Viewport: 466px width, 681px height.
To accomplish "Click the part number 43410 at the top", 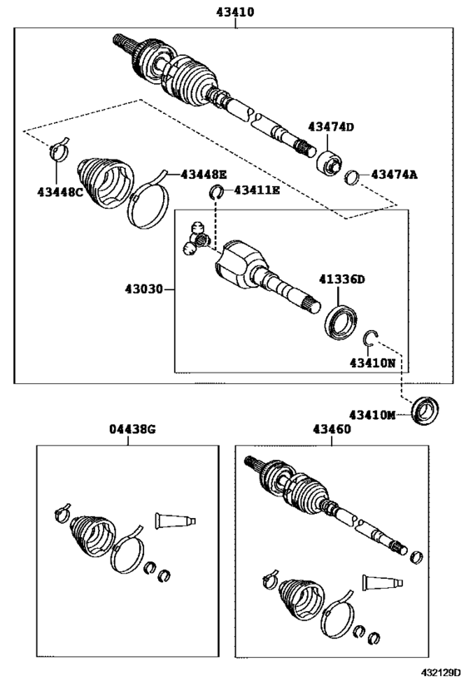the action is pos(235,12).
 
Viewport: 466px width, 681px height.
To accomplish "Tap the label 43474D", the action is pos(331,127).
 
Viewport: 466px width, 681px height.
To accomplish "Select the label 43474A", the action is pos(394,175).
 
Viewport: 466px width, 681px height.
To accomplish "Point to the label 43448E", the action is pos(204,175).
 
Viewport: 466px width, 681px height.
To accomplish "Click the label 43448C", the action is pos(60,191).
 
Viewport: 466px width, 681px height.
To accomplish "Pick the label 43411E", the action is pos(257,190).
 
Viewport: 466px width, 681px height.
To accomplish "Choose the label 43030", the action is pos(143,289).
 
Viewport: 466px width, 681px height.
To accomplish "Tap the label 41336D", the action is pos(342,279).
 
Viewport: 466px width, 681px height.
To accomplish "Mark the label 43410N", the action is pos(373,363).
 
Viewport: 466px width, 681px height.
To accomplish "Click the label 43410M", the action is pos(373,415).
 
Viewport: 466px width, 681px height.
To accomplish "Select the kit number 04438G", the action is pos(132,429).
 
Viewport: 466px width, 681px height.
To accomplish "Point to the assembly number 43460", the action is pos(332,429).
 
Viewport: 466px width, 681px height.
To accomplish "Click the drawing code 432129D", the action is pos(440,673).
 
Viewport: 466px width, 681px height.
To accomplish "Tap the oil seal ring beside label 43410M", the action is pos(424,411).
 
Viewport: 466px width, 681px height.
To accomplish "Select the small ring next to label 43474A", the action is pos(352,177).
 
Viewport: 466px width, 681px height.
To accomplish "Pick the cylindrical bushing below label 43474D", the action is pos(329,164).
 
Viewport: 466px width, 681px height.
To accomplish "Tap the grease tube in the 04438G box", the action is pos(176,521).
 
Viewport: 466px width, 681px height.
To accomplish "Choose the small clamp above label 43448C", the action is pos(59,150).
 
